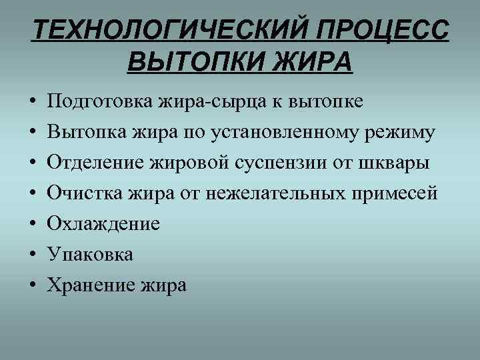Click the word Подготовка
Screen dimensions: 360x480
pos(99,102)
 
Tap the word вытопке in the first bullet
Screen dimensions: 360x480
pos(327,102)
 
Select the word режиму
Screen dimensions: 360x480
pos(403,133)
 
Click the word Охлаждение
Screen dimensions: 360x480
pos(103,224)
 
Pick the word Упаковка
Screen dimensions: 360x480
pos(89,255)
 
